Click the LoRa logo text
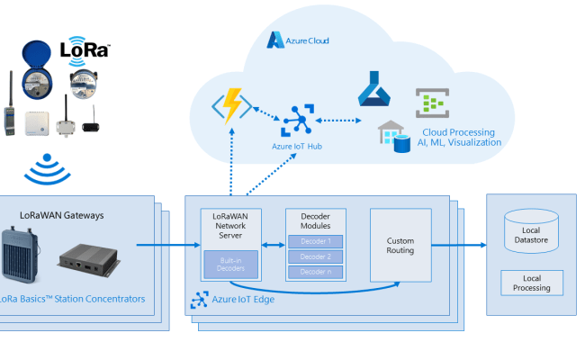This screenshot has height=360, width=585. point(85,49)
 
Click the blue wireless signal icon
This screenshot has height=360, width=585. point(42,167)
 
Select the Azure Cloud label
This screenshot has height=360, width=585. point(300,40)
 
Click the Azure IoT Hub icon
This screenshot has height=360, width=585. point(296,121)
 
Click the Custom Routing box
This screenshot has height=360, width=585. point(400,245)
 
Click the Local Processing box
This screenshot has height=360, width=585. point(531,283)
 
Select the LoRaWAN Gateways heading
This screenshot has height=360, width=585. point(62,215)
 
